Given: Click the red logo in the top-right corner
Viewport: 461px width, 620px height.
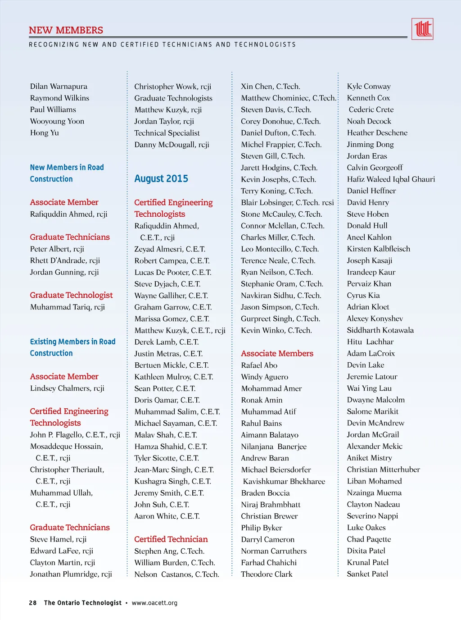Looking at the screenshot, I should coord(422,29).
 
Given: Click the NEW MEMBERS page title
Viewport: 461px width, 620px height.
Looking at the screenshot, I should coord(66,30).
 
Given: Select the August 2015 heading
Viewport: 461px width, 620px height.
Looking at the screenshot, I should coord(161,178).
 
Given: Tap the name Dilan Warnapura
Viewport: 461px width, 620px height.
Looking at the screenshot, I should coord(59,86).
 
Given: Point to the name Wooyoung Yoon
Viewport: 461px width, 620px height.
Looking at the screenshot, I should coord(57,121).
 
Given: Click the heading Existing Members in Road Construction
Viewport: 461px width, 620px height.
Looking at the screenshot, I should coord(72,347).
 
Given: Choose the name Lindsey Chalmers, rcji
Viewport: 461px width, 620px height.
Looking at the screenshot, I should coord(67,388).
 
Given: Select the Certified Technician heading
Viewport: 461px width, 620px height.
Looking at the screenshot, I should coord(171,539).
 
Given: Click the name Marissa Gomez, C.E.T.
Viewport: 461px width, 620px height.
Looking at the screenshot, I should coord(172,319).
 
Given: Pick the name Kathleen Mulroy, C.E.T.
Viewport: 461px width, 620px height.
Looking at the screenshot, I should coord(174,377).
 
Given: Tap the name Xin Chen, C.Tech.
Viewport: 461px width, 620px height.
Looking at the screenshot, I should coord(270,86).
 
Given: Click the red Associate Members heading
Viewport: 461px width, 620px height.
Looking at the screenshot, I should coord(277,353).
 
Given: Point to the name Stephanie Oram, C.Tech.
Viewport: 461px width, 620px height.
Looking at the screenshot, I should coord(282,284).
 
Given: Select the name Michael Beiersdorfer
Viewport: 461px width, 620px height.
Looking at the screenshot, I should coord(276,470).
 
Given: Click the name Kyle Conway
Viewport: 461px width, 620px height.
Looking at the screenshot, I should coord(369,86).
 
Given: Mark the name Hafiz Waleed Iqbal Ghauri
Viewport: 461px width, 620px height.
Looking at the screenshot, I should coord(391,179).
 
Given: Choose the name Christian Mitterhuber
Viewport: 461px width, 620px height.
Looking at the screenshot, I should coord(383,470).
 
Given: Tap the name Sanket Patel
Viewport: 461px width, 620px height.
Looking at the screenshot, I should coord(367,574).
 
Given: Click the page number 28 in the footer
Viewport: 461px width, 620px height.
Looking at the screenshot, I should coord(33,603).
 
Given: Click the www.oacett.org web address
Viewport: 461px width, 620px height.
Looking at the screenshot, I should coord(154,603).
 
